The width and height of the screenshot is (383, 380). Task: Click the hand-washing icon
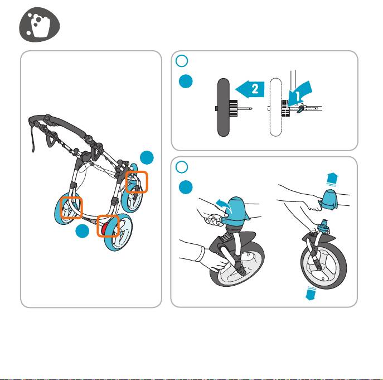(x=40, y=25)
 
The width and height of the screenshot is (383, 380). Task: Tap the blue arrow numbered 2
(x=250, y=89)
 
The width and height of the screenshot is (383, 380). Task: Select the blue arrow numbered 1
(x=299, y=94)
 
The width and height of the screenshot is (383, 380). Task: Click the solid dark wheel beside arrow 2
(x=223, y=107)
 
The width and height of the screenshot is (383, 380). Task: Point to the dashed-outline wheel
(x=276, y=107)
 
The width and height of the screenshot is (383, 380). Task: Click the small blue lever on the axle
(x=300, y=109)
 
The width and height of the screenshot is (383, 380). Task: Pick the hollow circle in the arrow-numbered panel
(x=182, y=61)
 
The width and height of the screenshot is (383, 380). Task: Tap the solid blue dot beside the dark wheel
(x=186, y=81)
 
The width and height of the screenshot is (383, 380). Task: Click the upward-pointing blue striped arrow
(x=332, y=179)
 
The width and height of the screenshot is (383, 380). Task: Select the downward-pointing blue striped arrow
(x=311, y=293)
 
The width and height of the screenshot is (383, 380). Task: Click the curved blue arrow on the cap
(x=223, y=204)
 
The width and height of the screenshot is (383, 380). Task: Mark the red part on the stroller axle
(x=104, y=228)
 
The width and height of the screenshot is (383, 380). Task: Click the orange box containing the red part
(x=108, y=226)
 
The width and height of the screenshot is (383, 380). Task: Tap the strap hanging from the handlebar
(x=32, y=140)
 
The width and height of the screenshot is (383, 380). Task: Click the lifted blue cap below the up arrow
(x=330, y=200)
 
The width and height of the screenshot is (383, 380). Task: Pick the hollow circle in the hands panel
(x=182, y=167)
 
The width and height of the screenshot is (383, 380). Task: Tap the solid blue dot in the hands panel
(x=186, y=187)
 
